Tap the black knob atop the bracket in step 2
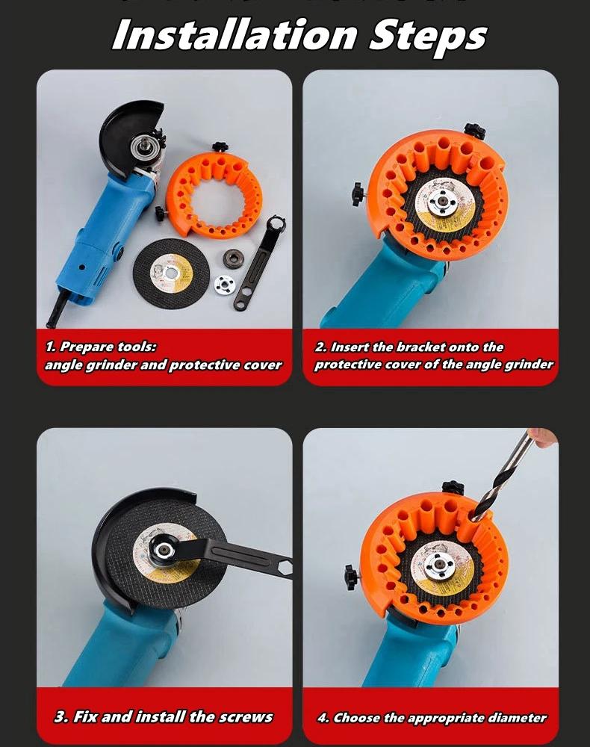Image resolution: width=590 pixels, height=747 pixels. pyautogui.click(x=474, y=131)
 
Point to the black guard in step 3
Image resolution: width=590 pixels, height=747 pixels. pyautogui.click(x=112, y=538)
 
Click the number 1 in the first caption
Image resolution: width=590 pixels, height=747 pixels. pyautogui.click(x=49, y=347)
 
